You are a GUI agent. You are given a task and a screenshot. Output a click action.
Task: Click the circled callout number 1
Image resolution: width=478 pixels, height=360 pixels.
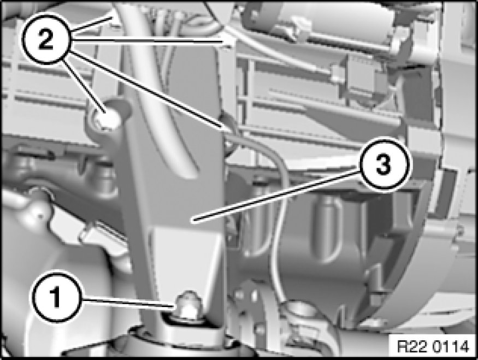point(56,297)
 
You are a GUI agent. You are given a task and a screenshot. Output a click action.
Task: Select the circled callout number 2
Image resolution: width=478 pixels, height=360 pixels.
point(46,40)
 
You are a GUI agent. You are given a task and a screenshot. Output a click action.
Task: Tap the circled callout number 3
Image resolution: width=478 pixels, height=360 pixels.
point(382,165)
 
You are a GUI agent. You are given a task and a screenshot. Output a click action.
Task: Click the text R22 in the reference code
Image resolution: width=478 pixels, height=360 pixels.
point(414,347)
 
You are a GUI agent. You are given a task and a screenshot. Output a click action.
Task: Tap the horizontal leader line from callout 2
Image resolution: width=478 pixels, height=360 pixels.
point(149,41)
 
